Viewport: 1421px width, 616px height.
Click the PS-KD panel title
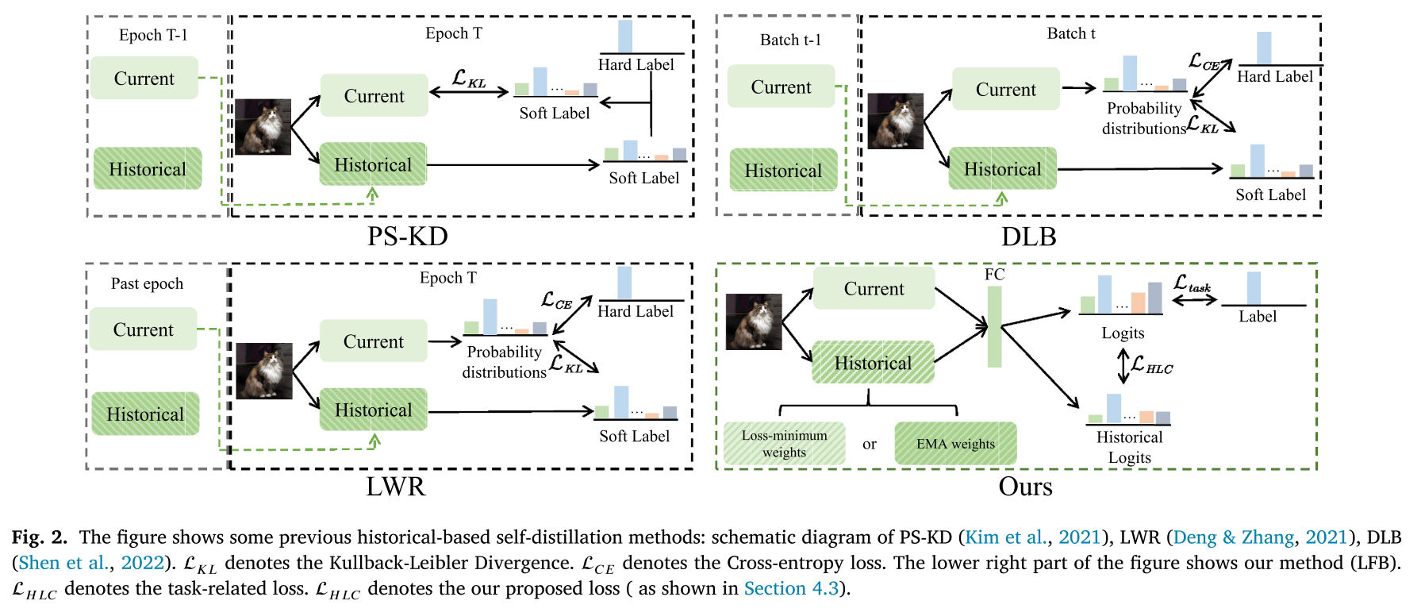pyautogui.click(x=407, y=237)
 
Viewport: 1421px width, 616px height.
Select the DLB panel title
pyautogui.click(x=1028, y=237)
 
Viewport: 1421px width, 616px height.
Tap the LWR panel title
pyautogui.click(x=395, y=486)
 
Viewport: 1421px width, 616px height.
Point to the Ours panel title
pyautogui.click(x=1025, y=486)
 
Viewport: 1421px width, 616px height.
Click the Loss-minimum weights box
pyautogui.click(x=784, y=444)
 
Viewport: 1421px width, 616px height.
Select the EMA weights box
pyautogui.click(x=955, y=444)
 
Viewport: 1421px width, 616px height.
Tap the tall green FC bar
pyautogui.click(x=994, y=326)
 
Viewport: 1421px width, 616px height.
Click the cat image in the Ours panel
pyautogui.click(x=754, y=321)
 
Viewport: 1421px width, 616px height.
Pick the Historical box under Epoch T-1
pyautogui.click(x=148, y=168)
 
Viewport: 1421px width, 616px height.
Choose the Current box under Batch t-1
pyautogui.click(x=781, y=87)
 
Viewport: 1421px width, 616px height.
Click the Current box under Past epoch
pyautogui.click(x=143, y=329)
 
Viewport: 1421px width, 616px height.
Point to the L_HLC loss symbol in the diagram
pyautogui.click(x=1151, y=365)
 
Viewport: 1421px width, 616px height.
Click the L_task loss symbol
pyautogui.click(x=1192, y=283)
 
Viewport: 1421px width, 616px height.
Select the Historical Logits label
pyautogui.click(x=1129, y=447)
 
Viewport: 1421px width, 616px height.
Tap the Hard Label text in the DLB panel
pyautogui.click(x=1275, y=77)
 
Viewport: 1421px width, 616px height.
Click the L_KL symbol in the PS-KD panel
pyautogui.click(x=469, y=79)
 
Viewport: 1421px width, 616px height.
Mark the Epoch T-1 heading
pyautogui.click(x=153, y=35)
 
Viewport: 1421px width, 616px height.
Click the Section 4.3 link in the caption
pyautogui.click(x=790, y=588)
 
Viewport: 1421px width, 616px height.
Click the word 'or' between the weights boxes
pyautogui.click(x=870, y=444)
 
